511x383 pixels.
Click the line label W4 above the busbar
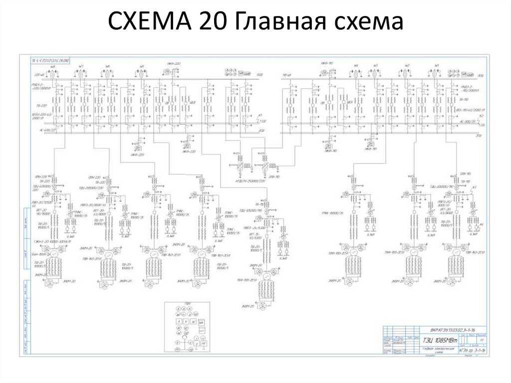click(x=356, y=66)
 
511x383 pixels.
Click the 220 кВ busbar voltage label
click(x=37, y=74)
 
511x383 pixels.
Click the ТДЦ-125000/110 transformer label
click(x=257, y=210)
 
